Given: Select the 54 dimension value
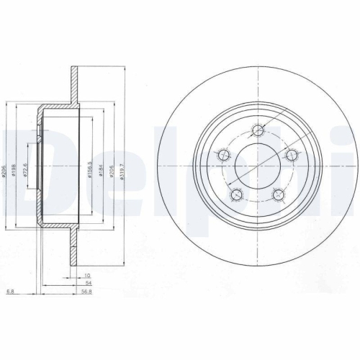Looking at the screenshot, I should click(x=87, y=284).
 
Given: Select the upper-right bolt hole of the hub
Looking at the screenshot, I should click(x=292, y=155).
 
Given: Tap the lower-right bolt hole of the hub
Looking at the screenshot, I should click(x=279, y=194).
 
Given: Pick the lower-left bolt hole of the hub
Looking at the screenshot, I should click(x=234, y=194).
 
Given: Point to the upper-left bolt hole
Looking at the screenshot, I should click(x=222, y=155).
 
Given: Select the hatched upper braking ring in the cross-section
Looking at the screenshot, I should click(x=74, y=79).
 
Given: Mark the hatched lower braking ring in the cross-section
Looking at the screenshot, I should click(x=74, y=252).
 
